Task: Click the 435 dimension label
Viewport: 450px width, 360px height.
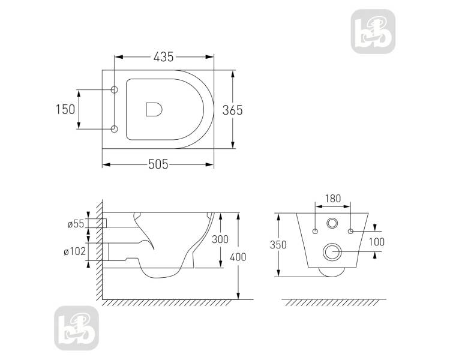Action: coord(164,57)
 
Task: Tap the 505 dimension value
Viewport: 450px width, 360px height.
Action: coord(158,164)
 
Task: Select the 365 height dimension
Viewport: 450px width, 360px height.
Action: coord(232,110)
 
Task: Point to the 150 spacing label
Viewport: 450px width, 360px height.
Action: coord(65,109)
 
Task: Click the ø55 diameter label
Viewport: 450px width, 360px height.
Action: coord(76,224)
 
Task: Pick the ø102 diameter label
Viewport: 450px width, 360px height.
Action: coord(74,251)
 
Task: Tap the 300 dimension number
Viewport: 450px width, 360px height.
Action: coord(220,239)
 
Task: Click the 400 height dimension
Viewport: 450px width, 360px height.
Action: coord(238,257)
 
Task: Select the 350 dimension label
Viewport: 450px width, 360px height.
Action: coord(278,245)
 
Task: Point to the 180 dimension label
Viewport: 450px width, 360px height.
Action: coord(333,199)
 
